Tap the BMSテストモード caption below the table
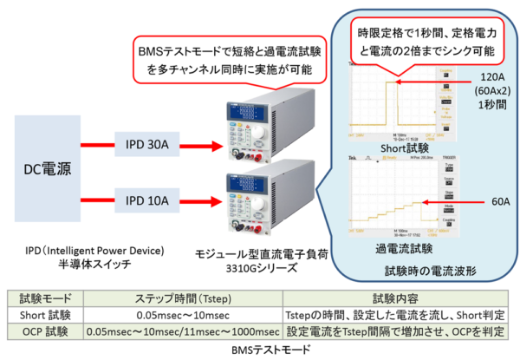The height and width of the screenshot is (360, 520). pos(259,349)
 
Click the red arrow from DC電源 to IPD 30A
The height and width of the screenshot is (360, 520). pos(97,144)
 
